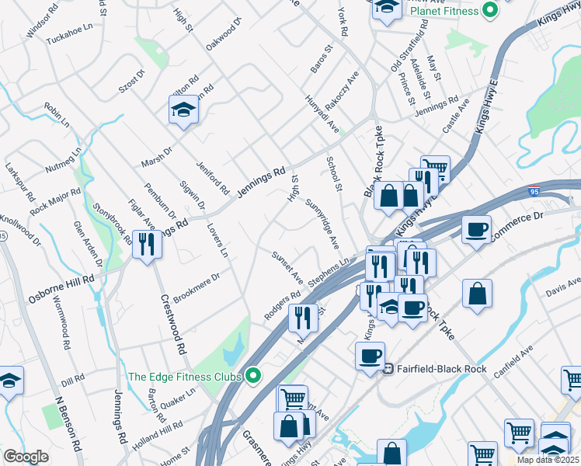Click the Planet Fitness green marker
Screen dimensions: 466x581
[489, 11]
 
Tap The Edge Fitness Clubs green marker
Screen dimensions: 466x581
[252, 377]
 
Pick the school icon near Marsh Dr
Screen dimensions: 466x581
[183, 110]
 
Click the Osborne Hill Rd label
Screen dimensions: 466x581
[61, 288]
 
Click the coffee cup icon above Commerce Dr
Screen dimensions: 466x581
[476, 229]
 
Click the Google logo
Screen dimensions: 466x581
[26, 457]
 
